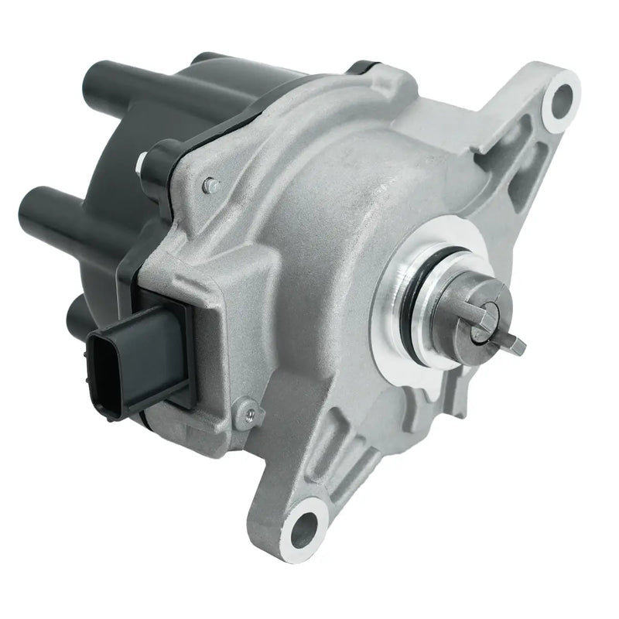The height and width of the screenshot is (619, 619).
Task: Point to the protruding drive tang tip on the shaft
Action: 515,344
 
